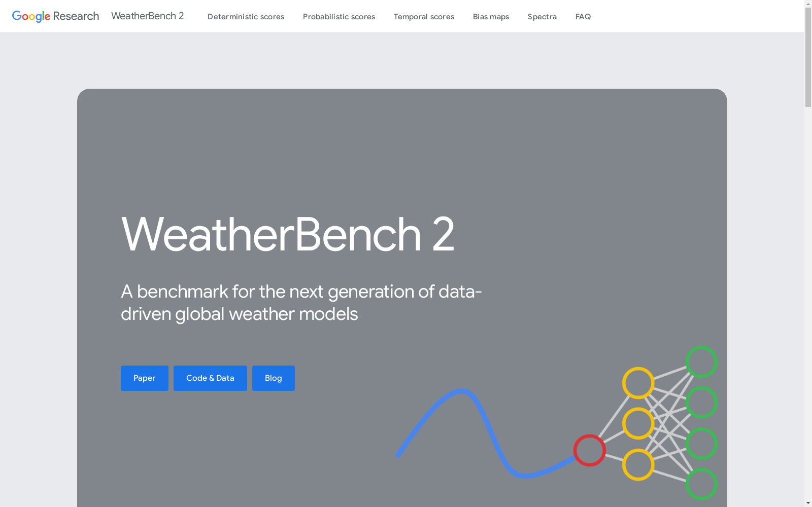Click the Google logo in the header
[31, 16]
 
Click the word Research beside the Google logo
[76, 16]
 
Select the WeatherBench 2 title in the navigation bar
[148, 16]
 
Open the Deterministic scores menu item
[246, 17]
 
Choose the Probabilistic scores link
[339, 17]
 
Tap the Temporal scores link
[424, 17]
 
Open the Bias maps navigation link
[491, 17]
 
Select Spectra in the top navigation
[542, 17]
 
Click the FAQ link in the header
[583, 17]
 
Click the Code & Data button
[210, 378]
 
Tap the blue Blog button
[274, 378]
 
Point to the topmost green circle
[701, 347]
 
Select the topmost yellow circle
[638, 368]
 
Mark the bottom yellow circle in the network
[638, 449]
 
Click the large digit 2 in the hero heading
[443, 234]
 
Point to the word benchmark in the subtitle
[182, 292]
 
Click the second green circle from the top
[701, 387]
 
